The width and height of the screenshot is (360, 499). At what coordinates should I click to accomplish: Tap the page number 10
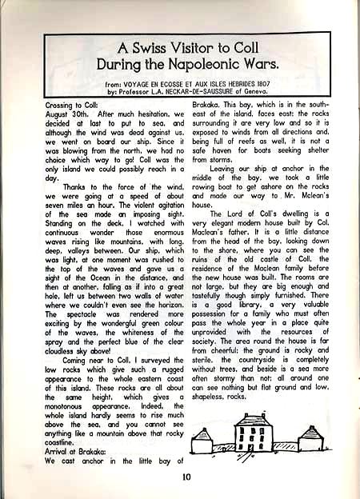click(x=186, y=478)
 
